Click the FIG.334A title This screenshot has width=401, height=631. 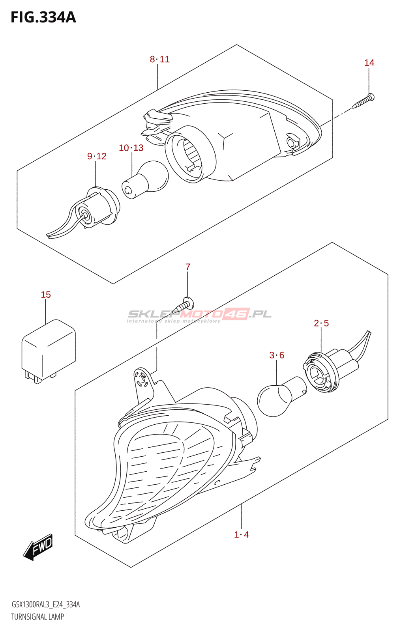(43, 17)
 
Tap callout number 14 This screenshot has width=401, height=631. (369, 63)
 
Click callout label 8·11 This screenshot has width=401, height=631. (159, 59)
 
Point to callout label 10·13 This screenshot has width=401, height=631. (131, 148)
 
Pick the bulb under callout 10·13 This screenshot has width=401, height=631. (145, 180)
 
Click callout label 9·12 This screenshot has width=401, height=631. (97, 156)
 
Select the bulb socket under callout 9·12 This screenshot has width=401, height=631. (99, 209)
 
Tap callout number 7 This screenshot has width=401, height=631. (188, 267)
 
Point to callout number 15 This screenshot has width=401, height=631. (46, 295)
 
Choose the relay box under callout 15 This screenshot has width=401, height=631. (48, 351)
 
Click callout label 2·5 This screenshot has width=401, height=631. (321, 323)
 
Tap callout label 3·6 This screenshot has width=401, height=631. (277, 355)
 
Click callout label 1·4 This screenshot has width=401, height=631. (241, 535)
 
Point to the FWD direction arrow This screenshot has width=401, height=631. (38, 547)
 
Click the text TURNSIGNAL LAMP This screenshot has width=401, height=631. (37, 617)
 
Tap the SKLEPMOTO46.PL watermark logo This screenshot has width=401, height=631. (199, 315)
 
